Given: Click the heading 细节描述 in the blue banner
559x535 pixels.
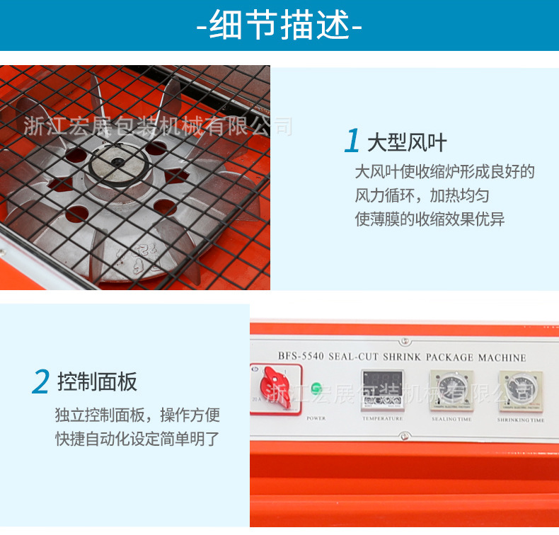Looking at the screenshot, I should [279, 27].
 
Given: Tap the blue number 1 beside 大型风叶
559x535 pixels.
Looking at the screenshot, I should [352, 142].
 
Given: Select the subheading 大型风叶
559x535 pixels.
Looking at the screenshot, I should [407, 142].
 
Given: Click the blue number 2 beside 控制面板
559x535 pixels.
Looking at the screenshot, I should [40, 382].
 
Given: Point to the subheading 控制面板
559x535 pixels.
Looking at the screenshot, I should [98, 382].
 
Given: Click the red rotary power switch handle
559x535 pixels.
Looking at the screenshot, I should [271, 388].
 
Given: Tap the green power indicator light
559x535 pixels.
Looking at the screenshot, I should [316, 389].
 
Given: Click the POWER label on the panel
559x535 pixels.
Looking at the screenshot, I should [316, 418].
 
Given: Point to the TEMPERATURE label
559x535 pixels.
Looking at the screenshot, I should [382, 419].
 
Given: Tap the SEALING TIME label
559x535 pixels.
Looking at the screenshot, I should [451, 420].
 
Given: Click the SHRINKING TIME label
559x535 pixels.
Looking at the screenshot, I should [521, 420].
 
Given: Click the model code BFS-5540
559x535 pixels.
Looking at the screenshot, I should [299, 357].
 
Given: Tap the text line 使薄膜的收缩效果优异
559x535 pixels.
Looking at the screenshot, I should [430, 219].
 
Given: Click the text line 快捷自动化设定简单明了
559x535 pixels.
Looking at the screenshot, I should [137, 439].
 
